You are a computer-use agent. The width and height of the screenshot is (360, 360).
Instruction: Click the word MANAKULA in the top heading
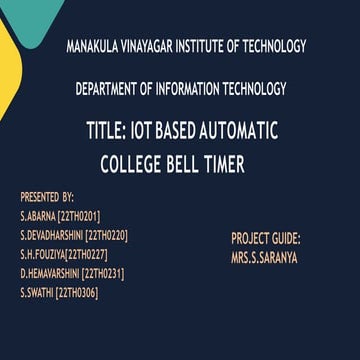(x=94, y=46)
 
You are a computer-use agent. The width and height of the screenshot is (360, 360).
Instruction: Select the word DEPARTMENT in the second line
(x=109, y=90)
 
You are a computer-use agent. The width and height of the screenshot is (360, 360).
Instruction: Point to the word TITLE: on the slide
(x=111, y=130)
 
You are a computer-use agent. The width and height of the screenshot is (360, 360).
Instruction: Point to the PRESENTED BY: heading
(x=47, y=197)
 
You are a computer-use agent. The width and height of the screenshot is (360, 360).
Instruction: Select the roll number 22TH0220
(x=106, y=234)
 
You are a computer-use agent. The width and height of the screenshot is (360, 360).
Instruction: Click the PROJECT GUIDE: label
(x=266, y=239)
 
